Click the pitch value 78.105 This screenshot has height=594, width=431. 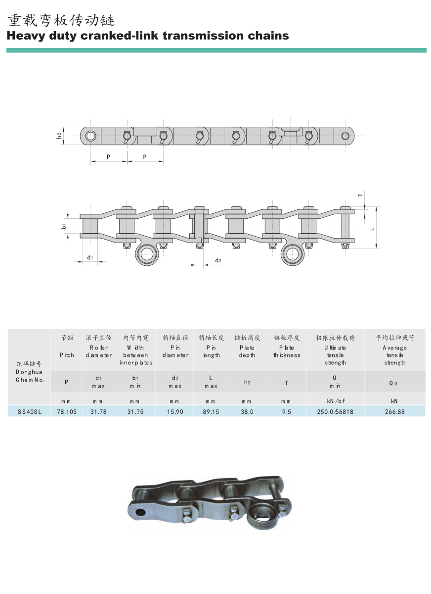tap(66, 412)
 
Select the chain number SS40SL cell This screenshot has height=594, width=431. tap(29, 412)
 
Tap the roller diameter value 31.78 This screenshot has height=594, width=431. tap(98, 412)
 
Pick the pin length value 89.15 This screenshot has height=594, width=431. tap(211, 412)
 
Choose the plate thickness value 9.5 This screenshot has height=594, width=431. tap(287, 412)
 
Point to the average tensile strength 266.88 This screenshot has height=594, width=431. tap(394, 412)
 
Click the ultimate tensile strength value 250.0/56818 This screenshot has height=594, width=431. tap(335, 412)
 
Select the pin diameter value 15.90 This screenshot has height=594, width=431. tap(175, 412)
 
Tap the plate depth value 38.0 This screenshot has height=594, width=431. tap(247, 412)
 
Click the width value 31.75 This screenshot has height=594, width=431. tap(135, 412)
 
